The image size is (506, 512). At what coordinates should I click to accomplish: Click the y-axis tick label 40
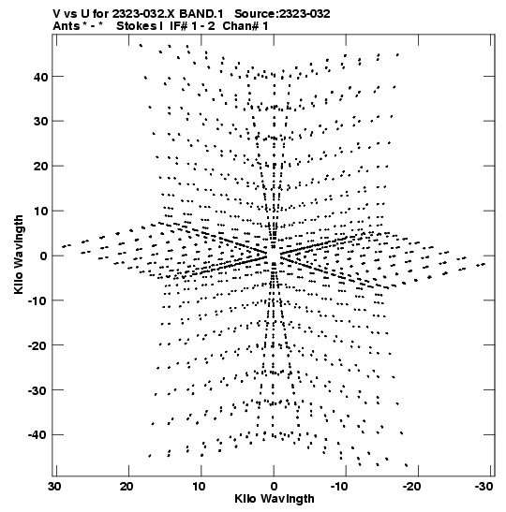point(40,78)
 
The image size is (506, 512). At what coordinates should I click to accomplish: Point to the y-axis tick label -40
point(37,435)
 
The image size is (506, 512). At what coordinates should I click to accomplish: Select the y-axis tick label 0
point(44,256)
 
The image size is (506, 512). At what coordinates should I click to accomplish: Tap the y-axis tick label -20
point(37,345)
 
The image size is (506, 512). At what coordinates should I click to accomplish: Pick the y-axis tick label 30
point(40,122)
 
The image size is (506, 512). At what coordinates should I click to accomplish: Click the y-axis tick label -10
point(37,300)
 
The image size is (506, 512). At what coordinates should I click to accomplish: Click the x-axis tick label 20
point(126,487)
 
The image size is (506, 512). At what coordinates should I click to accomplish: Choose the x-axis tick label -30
point(484,487)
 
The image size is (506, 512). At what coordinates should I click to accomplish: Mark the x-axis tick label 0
point(274,487)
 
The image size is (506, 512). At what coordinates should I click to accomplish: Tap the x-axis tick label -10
point(339,487)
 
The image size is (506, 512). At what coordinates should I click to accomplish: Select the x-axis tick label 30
point(55,487)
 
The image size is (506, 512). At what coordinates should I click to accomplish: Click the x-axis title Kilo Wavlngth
point(275,499)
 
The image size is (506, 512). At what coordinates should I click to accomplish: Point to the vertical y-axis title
point(19,255)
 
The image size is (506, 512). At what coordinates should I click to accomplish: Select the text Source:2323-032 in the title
point(282,14)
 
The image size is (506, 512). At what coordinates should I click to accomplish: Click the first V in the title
point(56,14)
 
